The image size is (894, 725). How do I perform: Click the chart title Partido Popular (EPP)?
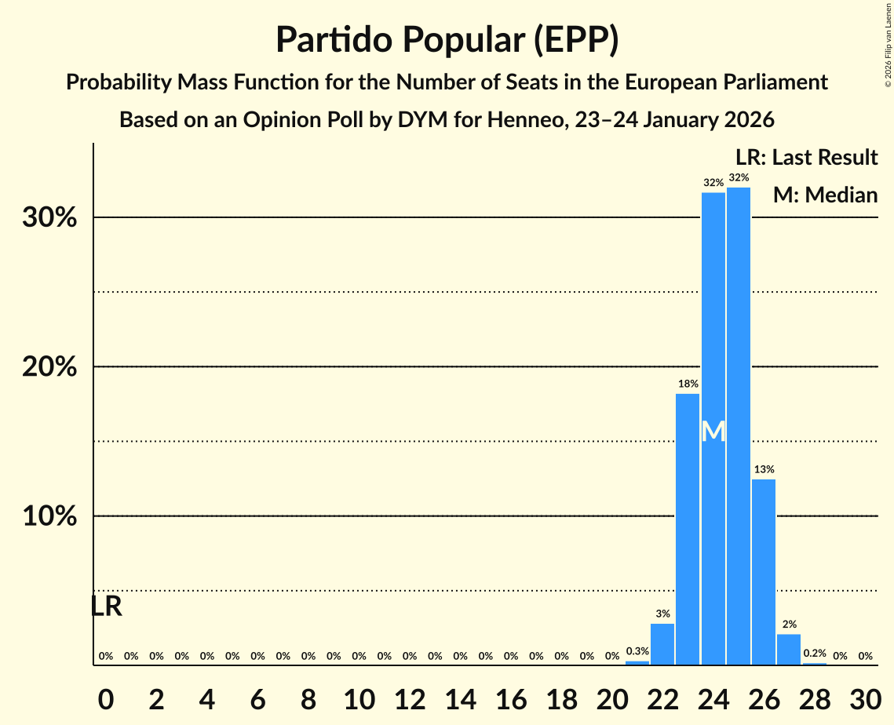click(x=447, y=39)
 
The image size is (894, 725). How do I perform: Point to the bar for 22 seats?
click(x=662, y=644)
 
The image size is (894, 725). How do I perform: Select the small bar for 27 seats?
click(x=789, y=650)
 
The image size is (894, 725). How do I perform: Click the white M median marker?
click(x=713, y=432)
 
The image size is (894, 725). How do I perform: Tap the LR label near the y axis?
click(x=106, y=607)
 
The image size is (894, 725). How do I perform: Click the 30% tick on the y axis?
click(x=49, y=217)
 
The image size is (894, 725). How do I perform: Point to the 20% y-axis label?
click(x=49, y=366)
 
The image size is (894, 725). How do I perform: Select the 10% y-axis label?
click(x=49, y=516)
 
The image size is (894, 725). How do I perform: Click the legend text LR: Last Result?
click(x=806, y=158)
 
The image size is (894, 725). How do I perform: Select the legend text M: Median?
click(x=825, y=195)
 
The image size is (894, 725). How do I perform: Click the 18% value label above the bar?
click(x=688, y=384)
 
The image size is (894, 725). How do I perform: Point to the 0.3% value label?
click(x=637, y=651)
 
